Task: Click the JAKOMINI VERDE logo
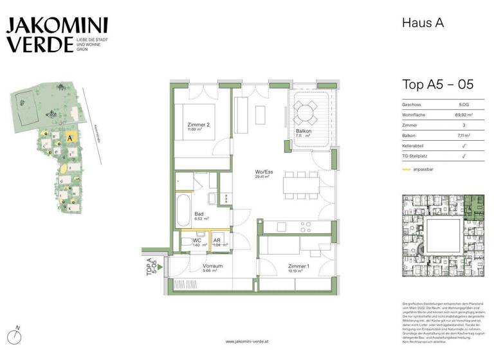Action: click(57, 35)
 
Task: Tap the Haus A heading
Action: click(423, 24)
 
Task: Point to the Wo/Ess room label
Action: click(262, 173)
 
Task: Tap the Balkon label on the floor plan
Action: click(298, 130)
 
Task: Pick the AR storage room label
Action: click(217, 240)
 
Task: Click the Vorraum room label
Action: click(212, 266)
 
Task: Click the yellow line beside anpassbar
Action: click(406, 170)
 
